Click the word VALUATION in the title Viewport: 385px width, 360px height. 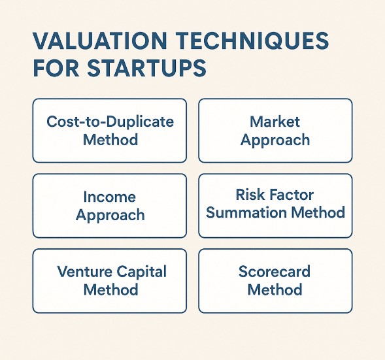click(100, 41)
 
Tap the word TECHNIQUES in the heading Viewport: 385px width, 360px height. click(252, 41)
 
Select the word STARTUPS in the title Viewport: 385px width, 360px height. click(147, 68)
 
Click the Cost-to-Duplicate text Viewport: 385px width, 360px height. click(110, 122)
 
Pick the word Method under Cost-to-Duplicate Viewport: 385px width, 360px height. click(110, 140)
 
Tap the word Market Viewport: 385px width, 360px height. click(275, 122)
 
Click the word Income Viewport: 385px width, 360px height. click(110, 197)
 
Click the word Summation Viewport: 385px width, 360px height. click(246, 212)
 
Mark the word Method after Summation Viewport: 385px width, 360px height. click(318, 212)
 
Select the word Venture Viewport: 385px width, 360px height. click(85, 271)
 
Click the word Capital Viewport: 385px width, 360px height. click(142, 272)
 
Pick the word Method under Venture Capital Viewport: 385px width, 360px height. click(110, 289)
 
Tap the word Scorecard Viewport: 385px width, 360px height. click(275, 271)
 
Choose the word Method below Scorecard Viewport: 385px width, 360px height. click(275, 289)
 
